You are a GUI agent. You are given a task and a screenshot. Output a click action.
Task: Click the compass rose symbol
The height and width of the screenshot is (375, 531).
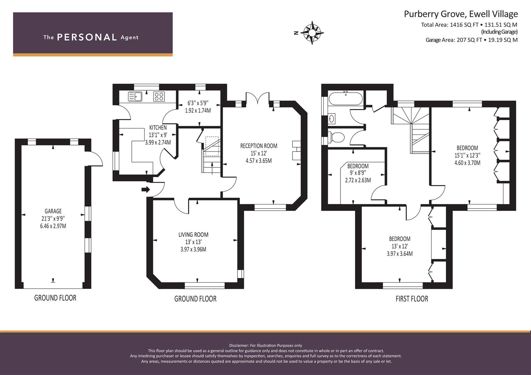[312, 33]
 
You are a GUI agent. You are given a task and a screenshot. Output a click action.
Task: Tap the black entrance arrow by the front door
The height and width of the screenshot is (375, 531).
[146, 189]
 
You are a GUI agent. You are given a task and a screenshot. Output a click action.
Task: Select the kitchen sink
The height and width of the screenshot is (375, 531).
[135, 97]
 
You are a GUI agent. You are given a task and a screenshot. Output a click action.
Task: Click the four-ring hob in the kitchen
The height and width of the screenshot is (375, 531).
[159, 97]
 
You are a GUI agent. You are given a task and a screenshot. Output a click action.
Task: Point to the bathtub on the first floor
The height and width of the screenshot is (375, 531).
[346, 99]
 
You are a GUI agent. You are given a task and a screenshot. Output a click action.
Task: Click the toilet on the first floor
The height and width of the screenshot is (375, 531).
[337, 137]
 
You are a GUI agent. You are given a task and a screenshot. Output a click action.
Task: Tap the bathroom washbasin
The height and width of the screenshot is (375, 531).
[332, 118]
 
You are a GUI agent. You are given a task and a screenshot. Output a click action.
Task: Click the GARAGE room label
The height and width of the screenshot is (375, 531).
[53, 211]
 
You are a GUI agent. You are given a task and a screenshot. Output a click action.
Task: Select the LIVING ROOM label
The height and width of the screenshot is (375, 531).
[193, 235]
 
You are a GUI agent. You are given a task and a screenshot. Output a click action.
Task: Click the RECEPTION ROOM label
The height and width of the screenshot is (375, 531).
[259, 146]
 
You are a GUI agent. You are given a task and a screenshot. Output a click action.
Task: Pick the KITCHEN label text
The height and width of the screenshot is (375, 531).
[158, 128]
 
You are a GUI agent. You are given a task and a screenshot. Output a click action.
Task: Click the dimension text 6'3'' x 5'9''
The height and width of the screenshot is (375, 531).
[198, 103]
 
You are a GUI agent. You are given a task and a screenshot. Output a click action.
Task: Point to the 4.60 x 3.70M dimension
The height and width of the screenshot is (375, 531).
[467, 163]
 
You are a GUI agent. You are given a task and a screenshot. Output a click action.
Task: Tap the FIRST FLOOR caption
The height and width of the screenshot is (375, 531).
[412, 299]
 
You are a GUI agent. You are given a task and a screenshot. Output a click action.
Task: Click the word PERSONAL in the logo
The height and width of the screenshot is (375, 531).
[87, 37]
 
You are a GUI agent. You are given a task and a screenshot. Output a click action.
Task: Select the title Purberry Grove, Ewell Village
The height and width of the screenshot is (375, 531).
[461, 14]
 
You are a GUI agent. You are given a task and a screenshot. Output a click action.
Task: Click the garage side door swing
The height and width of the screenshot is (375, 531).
[96, 158]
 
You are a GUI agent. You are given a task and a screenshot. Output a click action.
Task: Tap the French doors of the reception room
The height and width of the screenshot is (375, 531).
[258, 98]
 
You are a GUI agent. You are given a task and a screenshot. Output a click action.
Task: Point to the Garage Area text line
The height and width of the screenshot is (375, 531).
[472, 40]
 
